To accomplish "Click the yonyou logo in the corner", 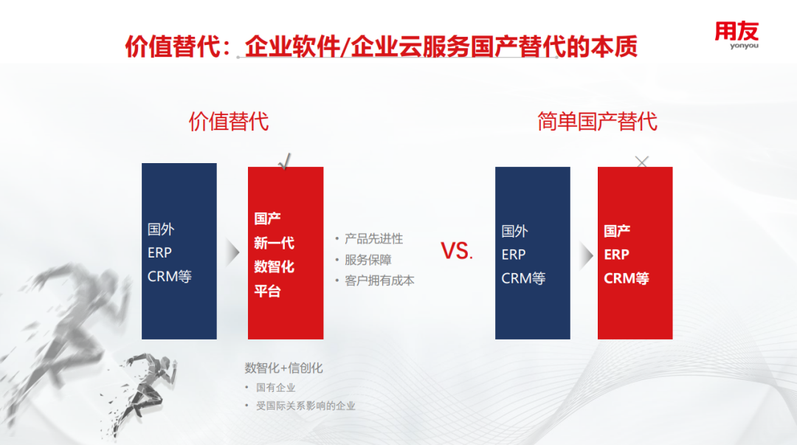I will coord(736,34).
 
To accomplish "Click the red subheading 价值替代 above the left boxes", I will coord(229,121).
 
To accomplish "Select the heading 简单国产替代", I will coord(597,121).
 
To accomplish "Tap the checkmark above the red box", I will coord(286,161).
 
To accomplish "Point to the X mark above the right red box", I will coord(642,162).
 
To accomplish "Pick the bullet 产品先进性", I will coord(373,238).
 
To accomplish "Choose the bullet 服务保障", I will coord(368,260).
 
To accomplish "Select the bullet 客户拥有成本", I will coord(379,280).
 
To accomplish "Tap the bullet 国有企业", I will coord(275,387).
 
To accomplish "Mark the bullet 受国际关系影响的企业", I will coord(306,405).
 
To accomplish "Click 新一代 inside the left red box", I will coord(274,242).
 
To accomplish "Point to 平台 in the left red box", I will coord(267,291).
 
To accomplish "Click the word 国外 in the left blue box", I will coord(161,230).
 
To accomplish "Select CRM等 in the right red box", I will coord(626,278).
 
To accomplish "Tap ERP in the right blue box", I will coord(514,255).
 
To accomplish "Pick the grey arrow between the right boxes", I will coord(586,255).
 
